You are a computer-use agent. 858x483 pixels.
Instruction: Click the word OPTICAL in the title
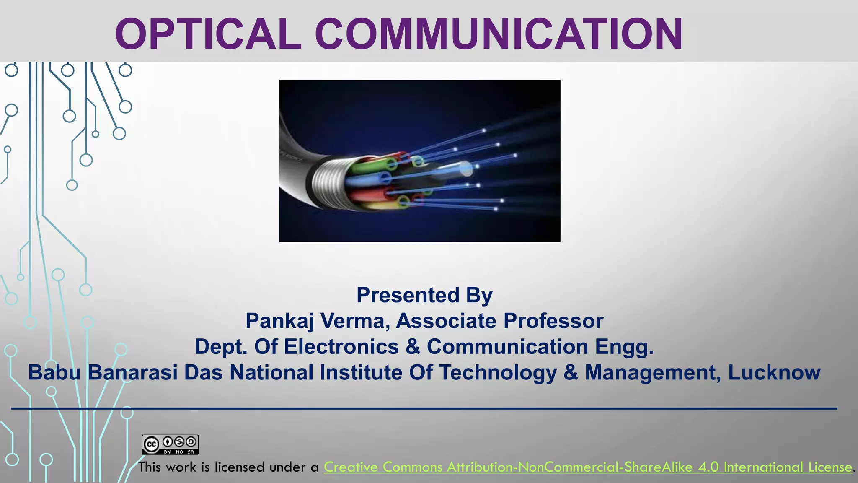pyautogui.click(x=208, y=34)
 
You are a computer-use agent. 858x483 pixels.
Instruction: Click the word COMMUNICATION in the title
pyautogui.click(x=499, y=34)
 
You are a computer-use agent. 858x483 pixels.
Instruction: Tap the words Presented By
pyautogui.click(x=424, y=295)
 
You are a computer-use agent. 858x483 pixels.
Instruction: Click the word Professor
pyautogui.click(x=553, y=321)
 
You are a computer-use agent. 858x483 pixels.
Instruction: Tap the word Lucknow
pyautogui.click(x=774, y=372)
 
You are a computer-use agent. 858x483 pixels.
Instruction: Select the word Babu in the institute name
pyautogui.click(x=54, y=372)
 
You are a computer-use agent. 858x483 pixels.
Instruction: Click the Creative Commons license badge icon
pyautogui.click(x=170, y=444)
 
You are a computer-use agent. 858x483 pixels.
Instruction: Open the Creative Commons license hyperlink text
pyautogui.click(x=587, y=467)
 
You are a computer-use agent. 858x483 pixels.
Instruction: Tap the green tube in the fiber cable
pyautogui.click(x=369, y=168)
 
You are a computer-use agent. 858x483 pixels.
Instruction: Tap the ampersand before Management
pyautogui.click(x=571, y=372)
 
